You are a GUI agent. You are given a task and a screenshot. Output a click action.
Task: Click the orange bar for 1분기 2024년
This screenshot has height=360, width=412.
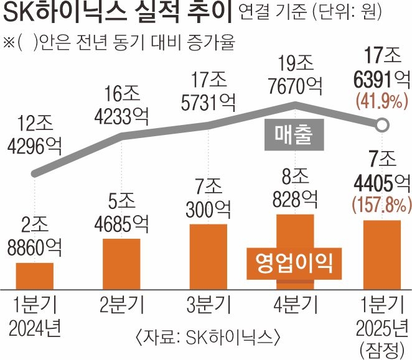click(35, 275)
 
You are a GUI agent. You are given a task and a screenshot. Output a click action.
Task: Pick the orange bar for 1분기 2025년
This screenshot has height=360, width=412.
click(382, 254)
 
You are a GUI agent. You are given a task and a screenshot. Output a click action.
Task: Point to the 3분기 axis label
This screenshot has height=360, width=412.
click(209, 305)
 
